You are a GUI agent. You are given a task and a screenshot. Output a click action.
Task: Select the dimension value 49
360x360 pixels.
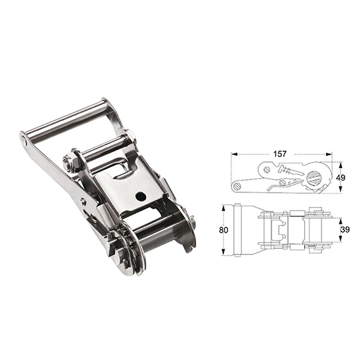point(341,178)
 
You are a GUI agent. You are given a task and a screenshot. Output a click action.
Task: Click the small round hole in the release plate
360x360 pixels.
point(140,196)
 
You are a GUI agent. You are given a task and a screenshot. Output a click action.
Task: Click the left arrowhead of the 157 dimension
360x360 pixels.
point(233,154)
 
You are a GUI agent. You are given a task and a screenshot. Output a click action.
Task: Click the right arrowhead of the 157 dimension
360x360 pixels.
point(331,154)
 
